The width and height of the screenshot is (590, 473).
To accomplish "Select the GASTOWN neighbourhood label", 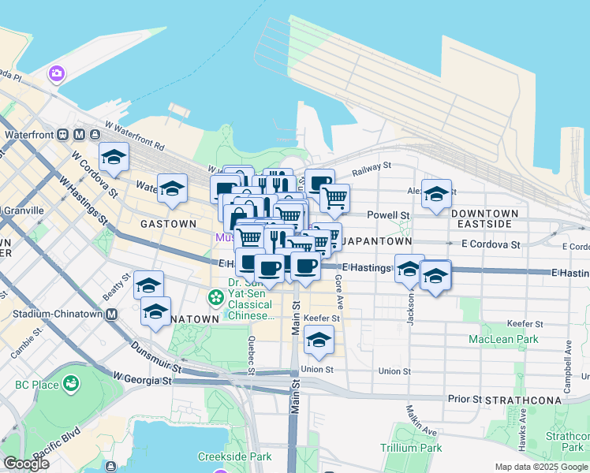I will (168, 224).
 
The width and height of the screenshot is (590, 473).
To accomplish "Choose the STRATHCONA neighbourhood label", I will (523, 400).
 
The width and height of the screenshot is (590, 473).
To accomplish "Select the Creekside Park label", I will (234, 456).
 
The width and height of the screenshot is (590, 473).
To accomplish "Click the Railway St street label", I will (372, 167).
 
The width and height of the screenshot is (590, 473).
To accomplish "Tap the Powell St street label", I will (392, 215).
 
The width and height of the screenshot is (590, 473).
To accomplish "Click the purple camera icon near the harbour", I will (57, 74).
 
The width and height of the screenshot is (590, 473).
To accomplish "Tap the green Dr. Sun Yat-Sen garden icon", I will (215, 297).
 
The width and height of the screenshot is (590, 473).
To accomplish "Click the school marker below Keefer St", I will (319, 341).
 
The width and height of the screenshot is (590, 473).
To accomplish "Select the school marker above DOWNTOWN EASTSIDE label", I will (436, 195).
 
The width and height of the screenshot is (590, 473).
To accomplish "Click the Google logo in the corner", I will (26, 464).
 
